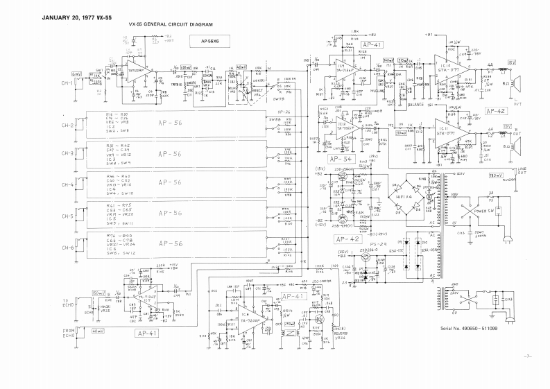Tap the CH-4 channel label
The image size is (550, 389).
click(67, 185)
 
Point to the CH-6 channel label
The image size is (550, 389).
click(67, 248)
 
